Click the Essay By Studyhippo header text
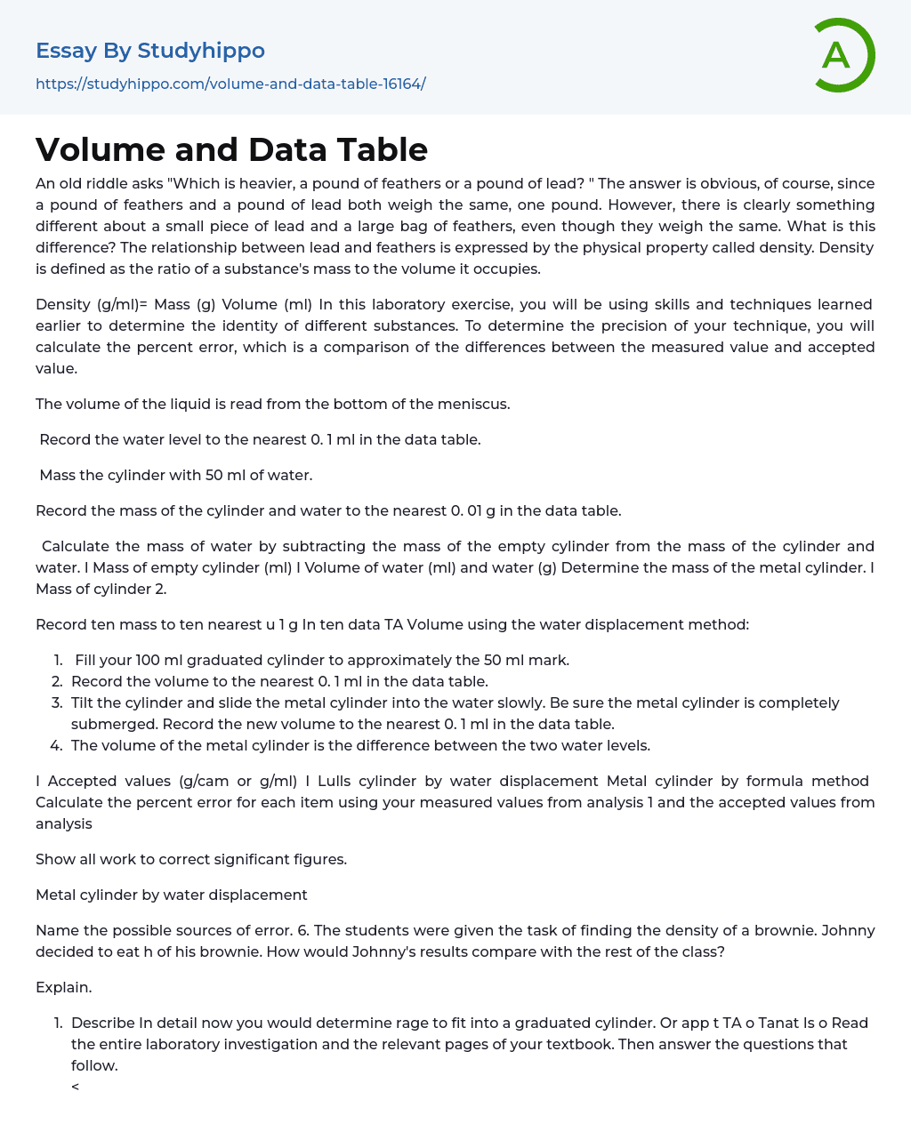(x=150, y=51)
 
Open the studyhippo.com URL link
(x=230, y=84)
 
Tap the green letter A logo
(x=838, y=55)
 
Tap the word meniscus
(x=473, y=404)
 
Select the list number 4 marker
(x=56, y=745)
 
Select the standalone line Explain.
(x=64, y=987)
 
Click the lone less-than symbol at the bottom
(x=76, y=1087)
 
